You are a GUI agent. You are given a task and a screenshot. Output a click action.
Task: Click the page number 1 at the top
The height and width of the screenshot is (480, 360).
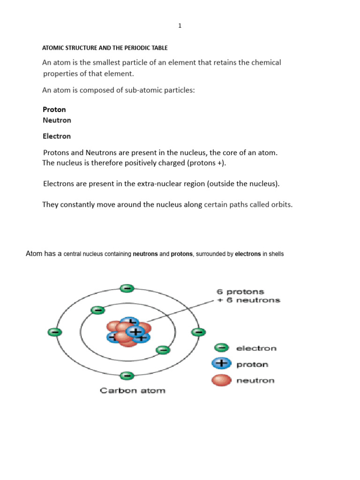coord(180,26)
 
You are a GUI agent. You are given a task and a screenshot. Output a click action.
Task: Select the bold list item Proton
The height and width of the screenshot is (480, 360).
coord(54,109)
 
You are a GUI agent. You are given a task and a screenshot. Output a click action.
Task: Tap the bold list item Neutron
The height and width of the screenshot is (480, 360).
coord(57,120)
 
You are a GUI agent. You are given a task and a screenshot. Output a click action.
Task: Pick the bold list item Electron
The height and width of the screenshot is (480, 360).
coord(57,136)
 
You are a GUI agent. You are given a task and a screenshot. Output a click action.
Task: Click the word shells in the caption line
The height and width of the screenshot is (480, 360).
coord(276,254)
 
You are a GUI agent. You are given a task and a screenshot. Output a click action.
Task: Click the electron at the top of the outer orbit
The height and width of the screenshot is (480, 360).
coord(127,288)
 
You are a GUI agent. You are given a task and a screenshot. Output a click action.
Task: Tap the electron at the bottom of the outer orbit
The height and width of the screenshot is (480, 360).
coord(127,375)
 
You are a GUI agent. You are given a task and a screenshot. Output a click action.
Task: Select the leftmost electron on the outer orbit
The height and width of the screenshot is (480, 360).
coord(54,332)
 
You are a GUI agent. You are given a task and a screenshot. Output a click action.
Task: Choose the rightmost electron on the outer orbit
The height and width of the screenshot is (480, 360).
coord(198,332)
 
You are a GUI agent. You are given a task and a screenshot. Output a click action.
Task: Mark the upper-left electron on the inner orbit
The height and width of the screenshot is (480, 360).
coord(98,310)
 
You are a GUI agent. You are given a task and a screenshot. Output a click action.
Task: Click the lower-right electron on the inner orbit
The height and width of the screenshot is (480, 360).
coord(162,349)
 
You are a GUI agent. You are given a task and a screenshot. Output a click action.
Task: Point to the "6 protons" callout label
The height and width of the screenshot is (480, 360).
coord(240,292)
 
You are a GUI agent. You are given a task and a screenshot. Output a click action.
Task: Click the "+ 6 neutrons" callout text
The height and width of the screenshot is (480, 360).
coord(248,300)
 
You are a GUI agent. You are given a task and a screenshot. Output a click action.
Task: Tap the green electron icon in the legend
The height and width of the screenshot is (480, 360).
coord(221,348)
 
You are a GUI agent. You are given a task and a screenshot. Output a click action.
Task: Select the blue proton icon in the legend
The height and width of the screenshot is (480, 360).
coord(221,364)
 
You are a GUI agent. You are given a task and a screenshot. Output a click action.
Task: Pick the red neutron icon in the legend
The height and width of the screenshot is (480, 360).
coord(221,380)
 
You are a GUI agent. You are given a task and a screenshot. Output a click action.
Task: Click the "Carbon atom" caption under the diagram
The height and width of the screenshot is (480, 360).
coord(133,390)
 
